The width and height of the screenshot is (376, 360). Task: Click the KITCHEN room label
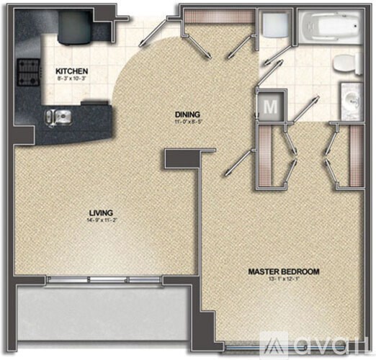[72, 71]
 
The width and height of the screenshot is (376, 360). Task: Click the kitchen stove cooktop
[28, 71]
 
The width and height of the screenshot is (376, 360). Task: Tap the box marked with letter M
[271, 107]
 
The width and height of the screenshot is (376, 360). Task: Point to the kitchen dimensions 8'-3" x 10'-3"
[72, 78]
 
